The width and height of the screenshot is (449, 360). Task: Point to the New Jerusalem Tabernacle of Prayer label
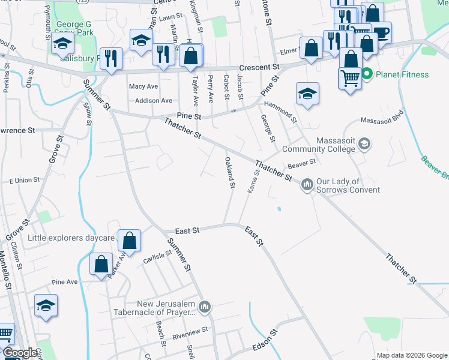click(157, 308)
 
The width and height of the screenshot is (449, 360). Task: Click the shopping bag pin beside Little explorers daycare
click(129, 241)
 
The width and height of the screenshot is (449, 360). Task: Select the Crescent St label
click(259, 67)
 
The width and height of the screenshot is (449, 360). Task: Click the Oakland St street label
click(229, 172)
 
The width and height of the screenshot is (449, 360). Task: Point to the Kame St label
click(253, 181)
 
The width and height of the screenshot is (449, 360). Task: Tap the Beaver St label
click(301, 163)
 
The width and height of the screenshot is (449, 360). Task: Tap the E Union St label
click(24, 179)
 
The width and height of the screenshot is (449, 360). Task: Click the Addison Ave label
click(154, 101)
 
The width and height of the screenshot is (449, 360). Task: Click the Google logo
click(19, 353)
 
